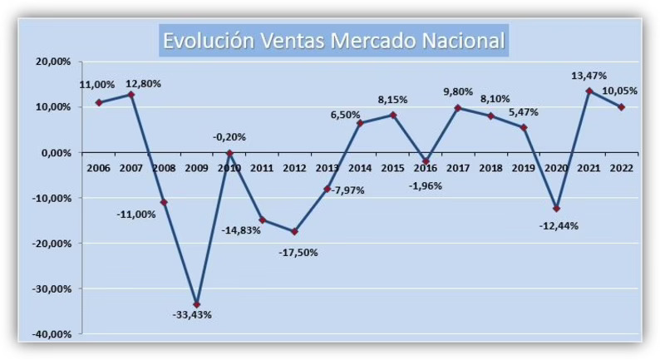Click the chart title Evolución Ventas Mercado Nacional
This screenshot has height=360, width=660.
tap(334, 41)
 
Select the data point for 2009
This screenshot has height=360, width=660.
tap(197, 304)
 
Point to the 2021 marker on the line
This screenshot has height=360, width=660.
tap(589, 91)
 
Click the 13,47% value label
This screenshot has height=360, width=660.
tap(589, 76)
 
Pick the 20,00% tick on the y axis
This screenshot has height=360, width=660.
tap(53, 62)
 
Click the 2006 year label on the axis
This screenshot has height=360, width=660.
tap(99, 166)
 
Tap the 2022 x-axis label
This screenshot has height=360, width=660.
tap(621, 166)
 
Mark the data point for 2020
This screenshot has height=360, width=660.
tap(556, 208)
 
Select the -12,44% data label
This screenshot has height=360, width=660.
tap(559, 225)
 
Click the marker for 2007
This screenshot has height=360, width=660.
tap(131, 94)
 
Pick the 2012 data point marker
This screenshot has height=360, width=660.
tap(295, 231)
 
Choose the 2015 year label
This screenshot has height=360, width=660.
tap(392, 166)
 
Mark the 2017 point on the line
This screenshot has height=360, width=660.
tap(458, 108)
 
